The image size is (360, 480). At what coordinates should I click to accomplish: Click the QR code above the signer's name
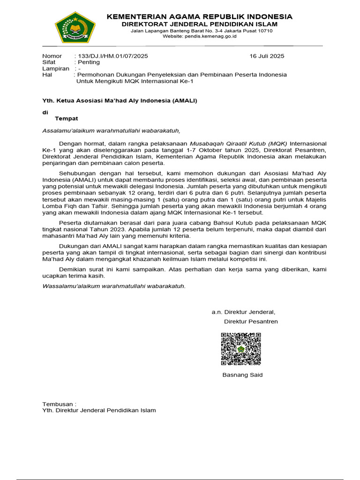(241, 349)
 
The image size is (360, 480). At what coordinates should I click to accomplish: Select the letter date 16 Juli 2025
(267, 56)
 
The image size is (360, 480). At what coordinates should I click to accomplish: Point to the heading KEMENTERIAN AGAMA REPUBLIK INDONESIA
(199, 17)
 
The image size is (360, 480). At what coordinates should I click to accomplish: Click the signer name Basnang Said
(242, 375)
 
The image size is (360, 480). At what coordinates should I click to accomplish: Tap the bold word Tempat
(67, 119)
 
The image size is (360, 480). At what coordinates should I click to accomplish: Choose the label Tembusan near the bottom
(59, 404)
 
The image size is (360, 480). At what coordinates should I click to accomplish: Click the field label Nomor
(52, 56)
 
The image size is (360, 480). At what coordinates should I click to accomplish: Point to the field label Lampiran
(56, 68)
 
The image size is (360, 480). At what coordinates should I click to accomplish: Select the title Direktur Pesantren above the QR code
(251, 322)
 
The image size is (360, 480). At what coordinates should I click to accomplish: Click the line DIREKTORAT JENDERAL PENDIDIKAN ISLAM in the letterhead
(199, 24)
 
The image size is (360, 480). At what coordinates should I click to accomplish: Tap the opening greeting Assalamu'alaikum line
(111, 131)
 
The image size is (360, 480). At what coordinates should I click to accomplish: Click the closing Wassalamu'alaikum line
(114, 286)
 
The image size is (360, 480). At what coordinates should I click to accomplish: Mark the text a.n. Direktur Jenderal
(243, 312)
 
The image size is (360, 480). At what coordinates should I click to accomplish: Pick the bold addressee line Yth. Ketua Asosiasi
(120, 101)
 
